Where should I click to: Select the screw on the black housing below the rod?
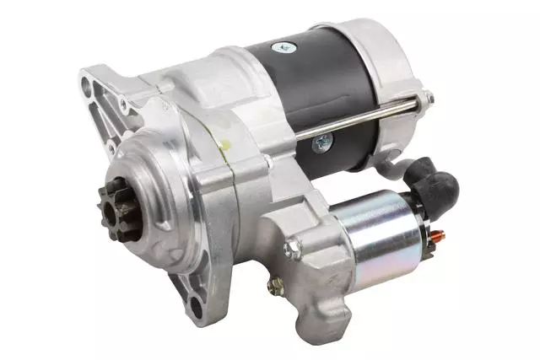click(321, 145)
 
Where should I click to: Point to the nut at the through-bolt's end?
click(428, 99)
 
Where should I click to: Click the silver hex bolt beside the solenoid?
click(293, 249)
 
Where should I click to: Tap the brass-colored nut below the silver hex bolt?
click(275, 287)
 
